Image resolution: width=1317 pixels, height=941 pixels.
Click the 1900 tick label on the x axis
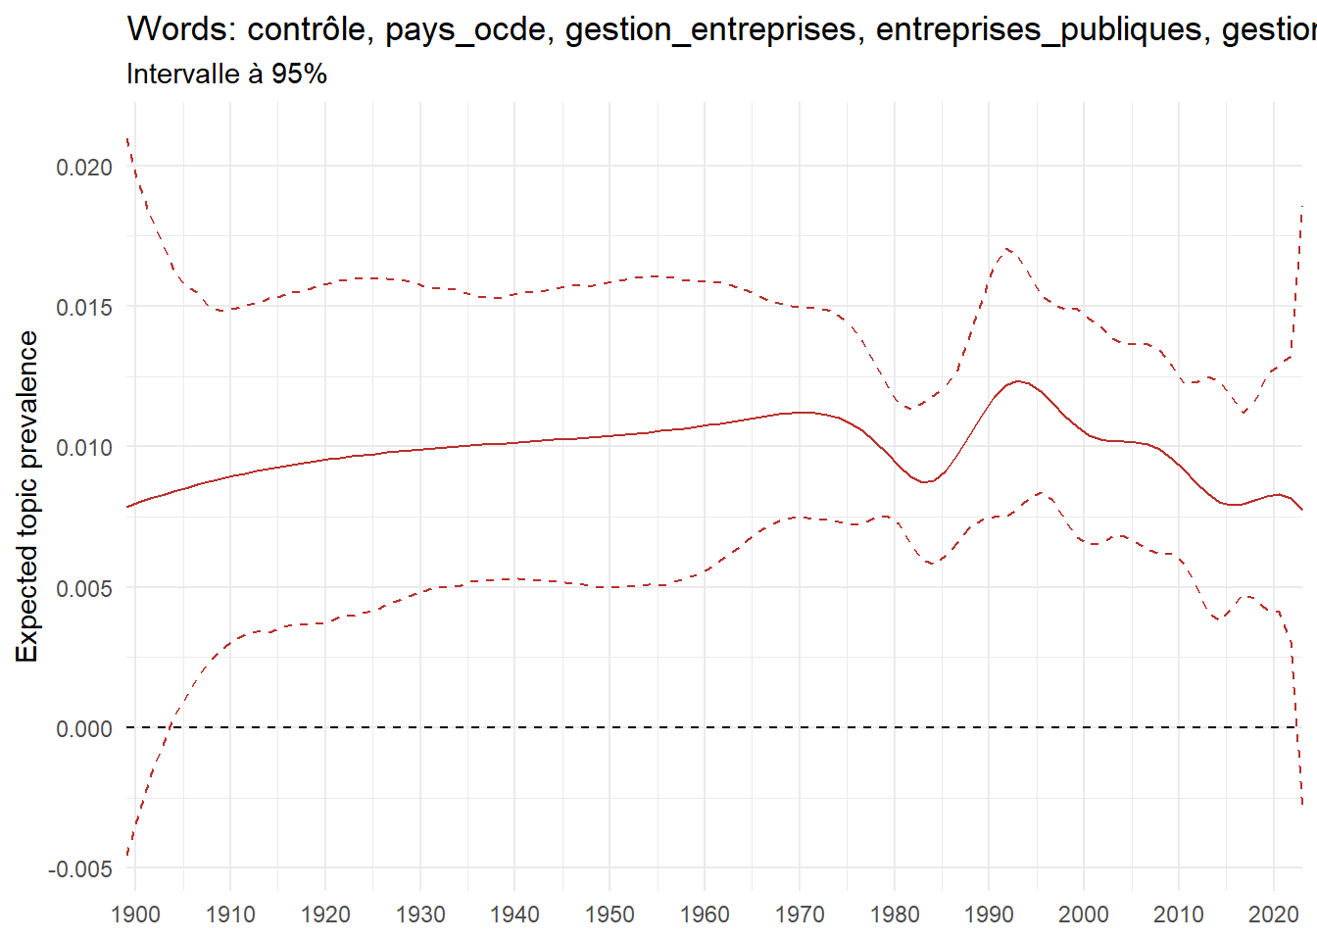pyautogui.click(x=136, y=915)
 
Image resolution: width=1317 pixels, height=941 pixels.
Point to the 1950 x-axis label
pyautogui.click(x=610, y=915)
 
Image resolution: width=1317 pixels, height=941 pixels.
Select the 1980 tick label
pyautogui.click(x=894, y=915)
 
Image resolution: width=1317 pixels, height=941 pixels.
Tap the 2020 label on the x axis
pyautogui.click(x=1273, y=915)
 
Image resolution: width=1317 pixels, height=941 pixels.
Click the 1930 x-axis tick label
pyautogui.click(x=420, y=915)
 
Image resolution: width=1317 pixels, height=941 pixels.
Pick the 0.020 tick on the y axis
pyautogui.click(x=84, y=168)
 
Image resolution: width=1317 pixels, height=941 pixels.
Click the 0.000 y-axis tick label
pyautogui.click(x=84, y=729)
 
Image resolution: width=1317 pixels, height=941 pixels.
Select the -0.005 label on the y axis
pyautogui.click(x=80, y=869)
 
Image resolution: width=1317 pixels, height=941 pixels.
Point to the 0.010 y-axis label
pyautogui.click(x=84, y=448)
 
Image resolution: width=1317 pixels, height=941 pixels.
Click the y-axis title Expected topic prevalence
pyautogui.click(x=27, y=496)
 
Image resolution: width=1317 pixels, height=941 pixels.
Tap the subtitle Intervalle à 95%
pyautogui.click(x=226, y=74)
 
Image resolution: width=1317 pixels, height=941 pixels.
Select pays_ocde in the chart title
pyautogui.click(x=465, y=29)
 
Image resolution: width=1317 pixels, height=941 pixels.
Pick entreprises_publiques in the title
pyautogui.click(x=1039, y=29)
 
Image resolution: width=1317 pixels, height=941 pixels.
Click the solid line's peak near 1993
pyautogui.click(x=1018, y=381)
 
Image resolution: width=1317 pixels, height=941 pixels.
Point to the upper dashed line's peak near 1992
pyautogui.click(x=1006, y=248)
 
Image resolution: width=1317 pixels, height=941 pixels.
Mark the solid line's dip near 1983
pyautogui.click(x=926, y=482)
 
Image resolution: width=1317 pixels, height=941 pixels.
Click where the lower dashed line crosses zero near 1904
pyautogui.click(x=171, y=727)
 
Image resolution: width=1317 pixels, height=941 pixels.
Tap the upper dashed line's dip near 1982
pyautogui.click(x=909, y=409)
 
